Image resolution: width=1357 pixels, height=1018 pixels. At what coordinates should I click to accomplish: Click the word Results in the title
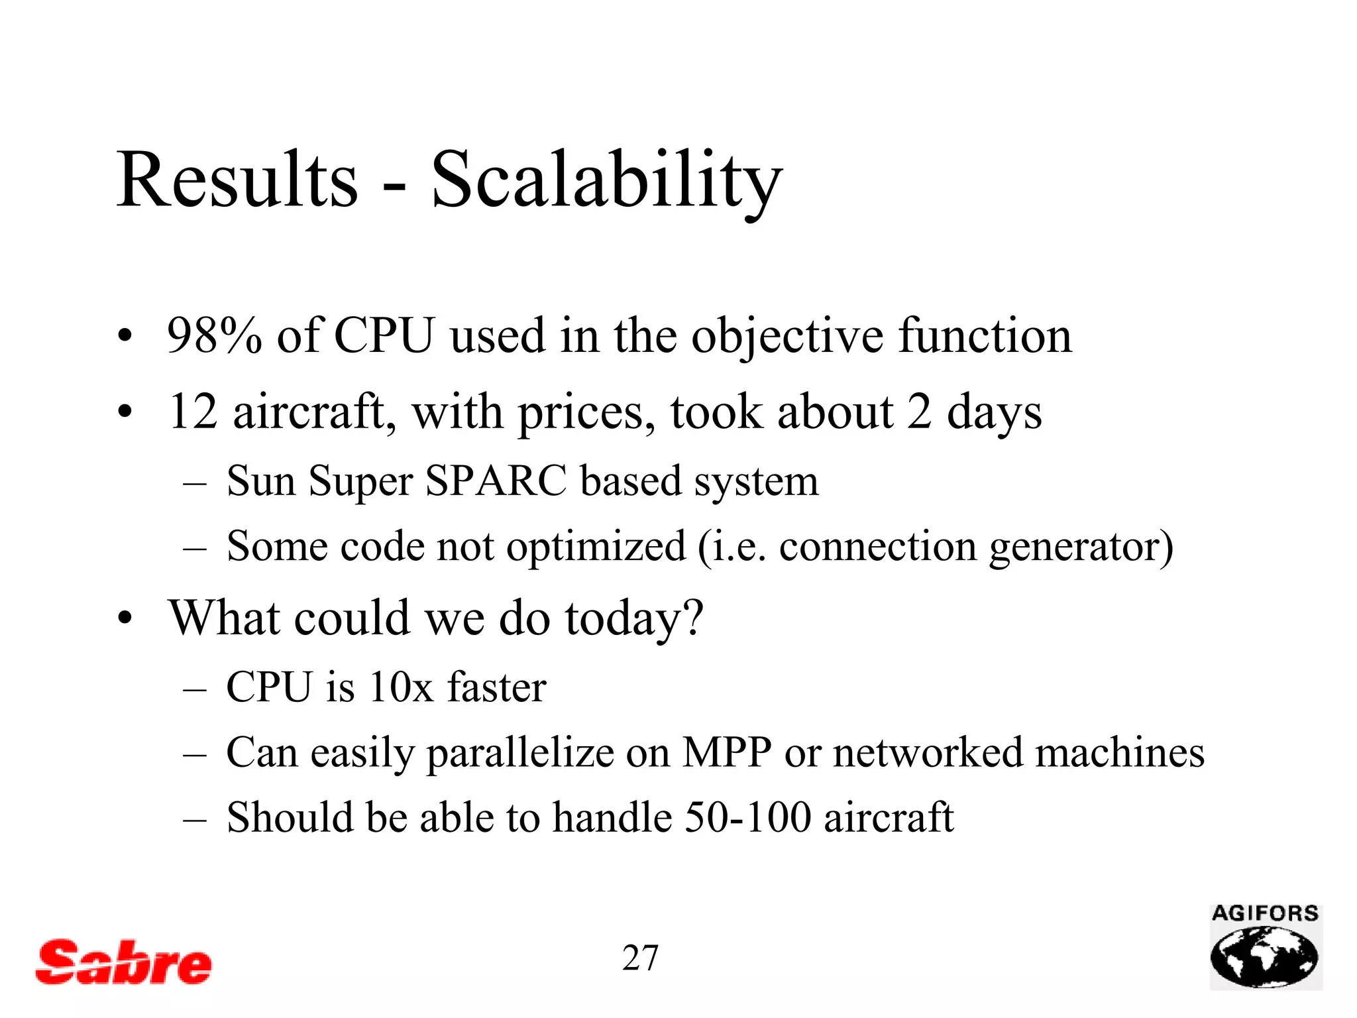[237, 180]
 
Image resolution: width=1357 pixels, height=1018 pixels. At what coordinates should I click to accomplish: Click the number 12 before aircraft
[193, 412]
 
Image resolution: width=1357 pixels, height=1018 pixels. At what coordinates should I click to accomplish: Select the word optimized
[596, 547]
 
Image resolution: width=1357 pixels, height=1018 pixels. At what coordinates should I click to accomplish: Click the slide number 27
[640, 958]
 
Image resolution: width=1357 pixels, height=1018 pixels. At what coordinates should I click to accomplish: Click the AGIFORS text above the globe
[1265, 914]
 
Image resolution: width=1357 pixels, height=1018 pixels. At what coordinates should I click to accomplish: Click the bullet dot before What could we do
[125, 620]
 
